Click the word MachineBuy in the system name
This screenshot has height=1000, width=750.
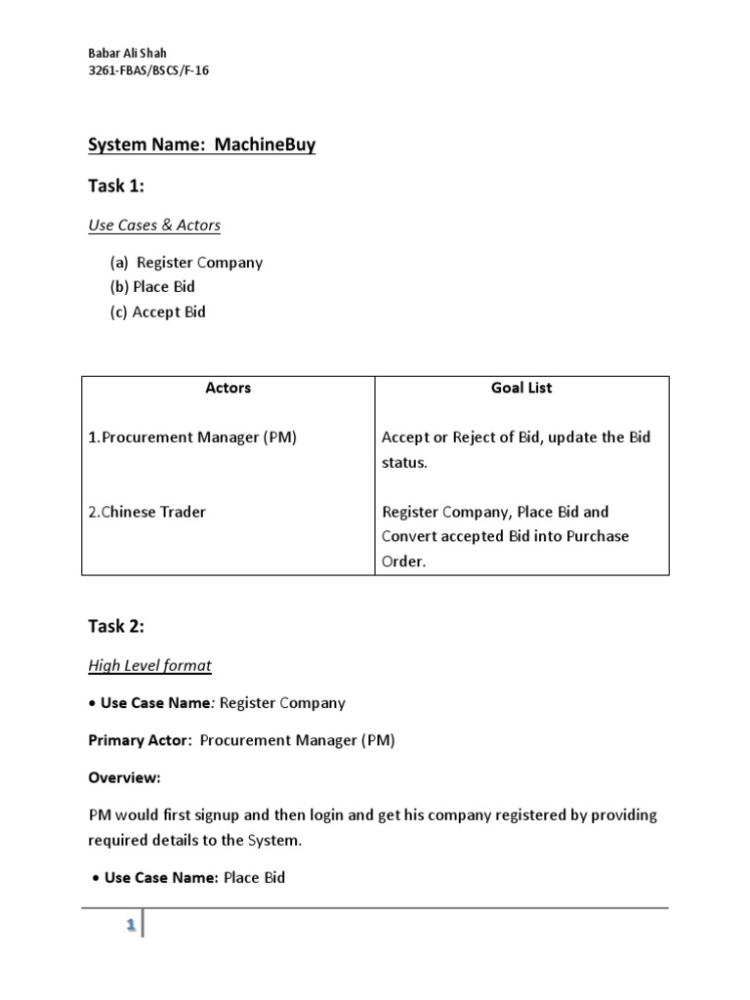coord(268,146)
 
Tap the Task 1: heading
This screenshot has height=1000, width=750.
coord(116,187)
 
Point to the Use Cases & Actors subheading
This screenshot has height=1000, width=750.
coord(154,226)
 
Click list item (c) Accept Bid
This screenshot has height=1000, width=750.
coord(158,312)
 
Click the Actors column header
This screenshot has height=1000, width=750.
coord(229,388)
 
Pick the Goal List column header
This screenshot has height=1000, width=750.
coord(521,388)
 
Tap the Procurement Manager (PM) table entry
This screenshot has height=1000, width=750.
coord(192,437)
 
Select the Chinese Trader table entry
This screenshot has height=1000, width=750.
coord(147,512)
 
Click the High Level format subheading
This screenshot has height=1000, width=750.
coord(149,666)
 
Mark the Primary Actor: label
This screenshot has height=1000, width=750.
coord(140,740)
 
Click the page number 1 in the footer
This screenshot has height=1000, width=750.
coord(130,930)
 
